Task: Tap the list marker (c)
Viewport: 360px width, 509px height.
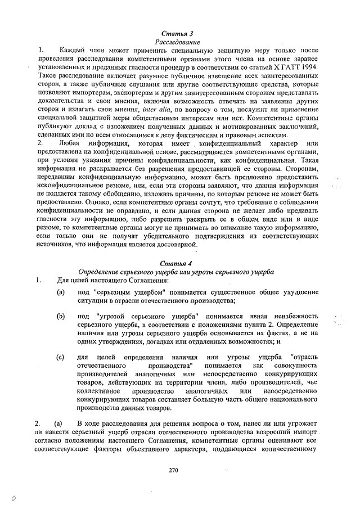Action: pos(61,357)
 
